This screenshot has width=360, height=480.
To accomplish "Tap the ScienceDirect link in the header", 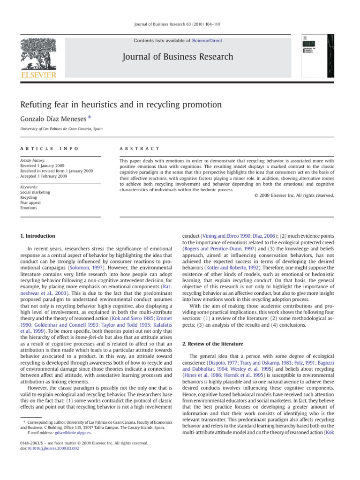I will (x=207, y=41).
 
